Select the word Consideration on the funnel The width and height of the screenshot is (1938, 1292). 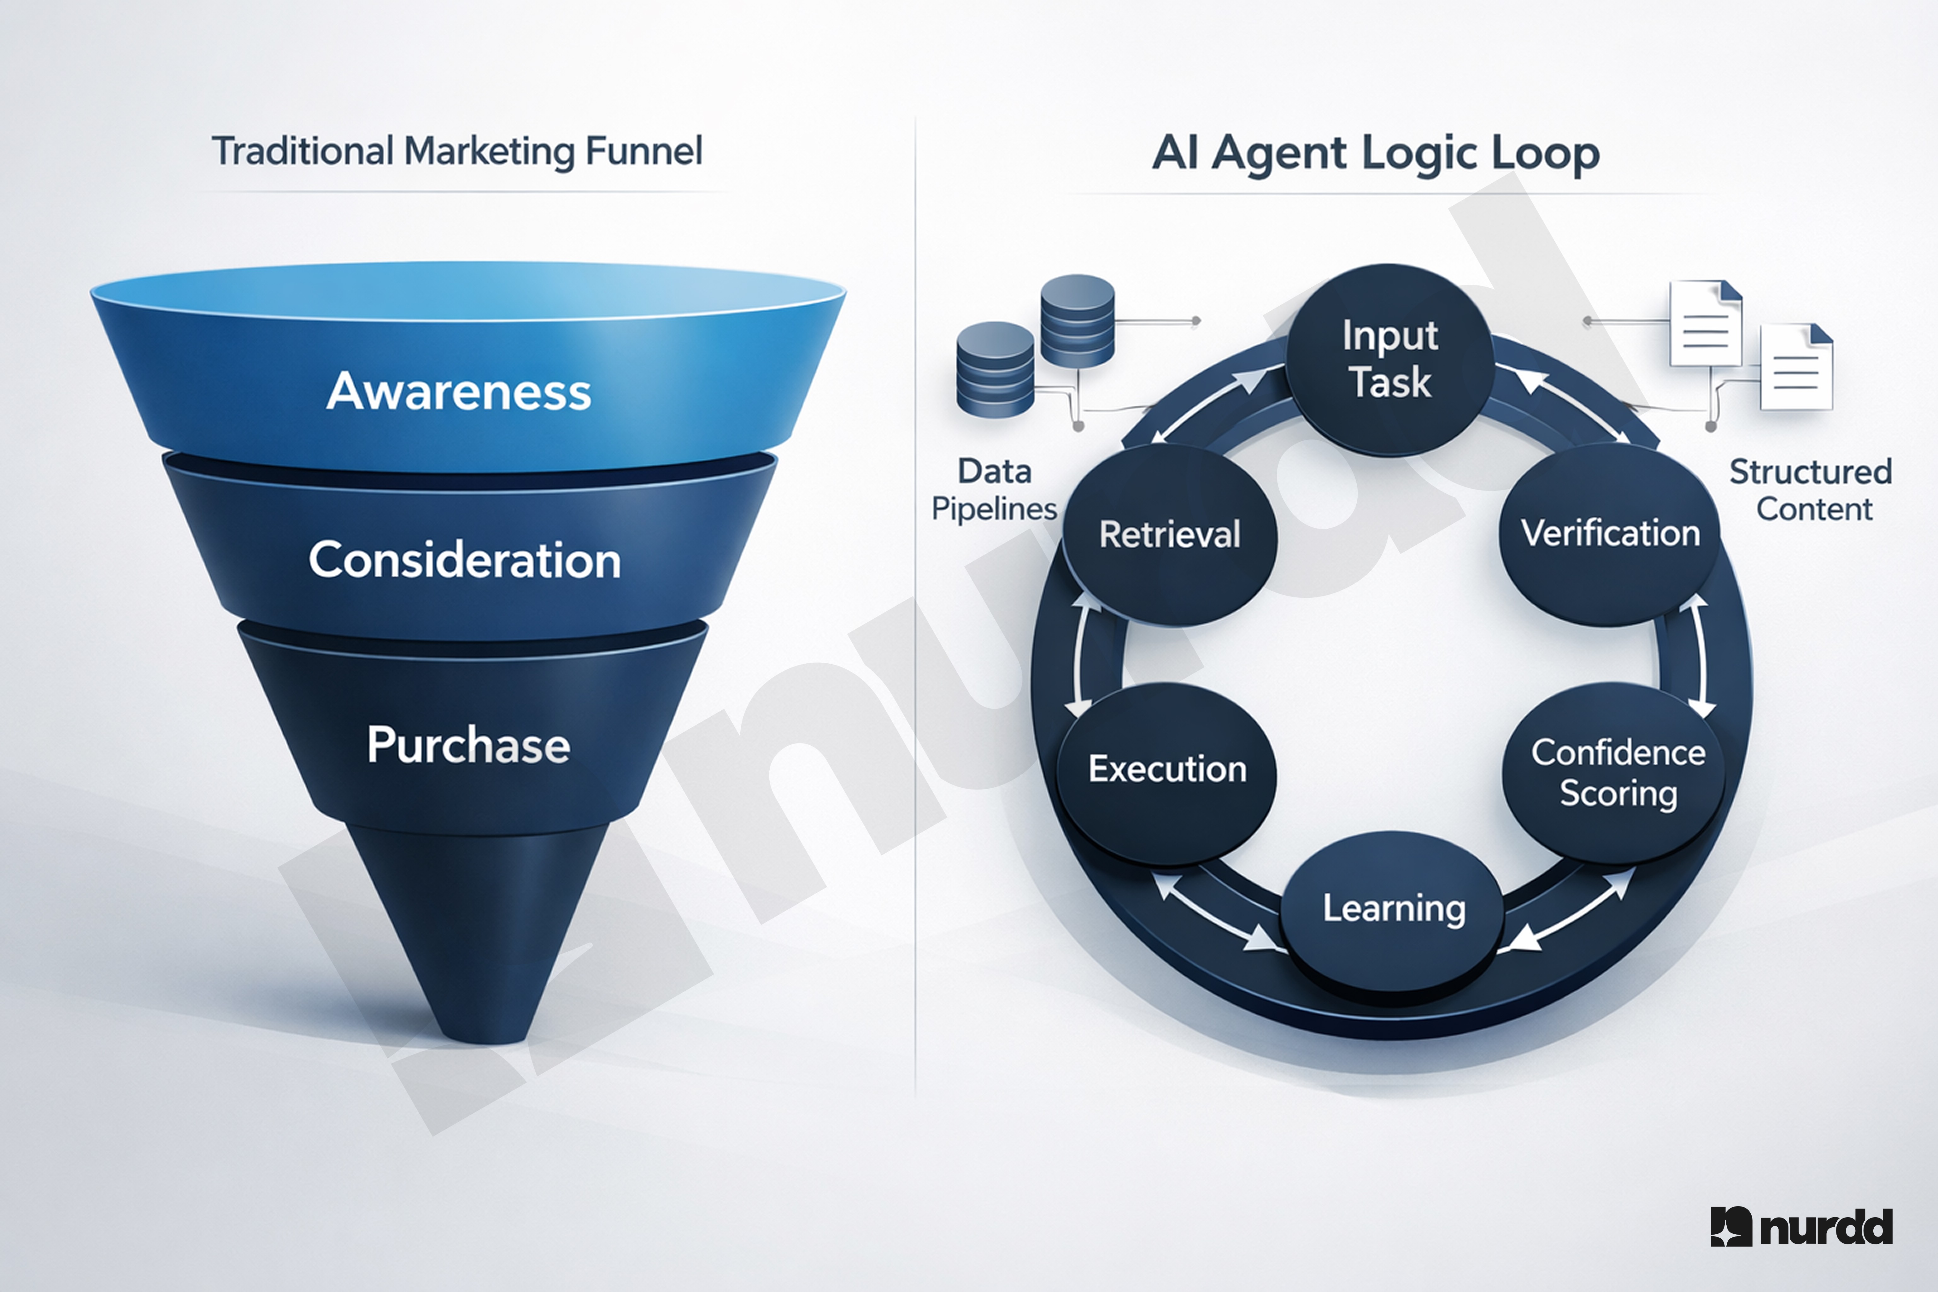pyautogui.click(x=465, y=560)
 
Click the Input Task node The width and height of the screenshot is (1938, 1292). pyautogui.click(x=1390, y=359)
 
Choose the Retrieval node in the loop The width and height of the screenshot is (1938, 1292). pyautogui.click(x=1169, y=534)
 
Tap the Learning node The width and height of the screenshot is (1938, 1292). pyautogui.click(x=1393, y=908)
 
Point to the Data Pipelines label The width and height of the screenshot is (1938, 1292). pyautogui.click(x=995, y=490)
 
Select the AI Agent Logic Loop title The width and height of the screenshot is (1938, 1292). pyautogui.click(x=1375, y=153)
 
